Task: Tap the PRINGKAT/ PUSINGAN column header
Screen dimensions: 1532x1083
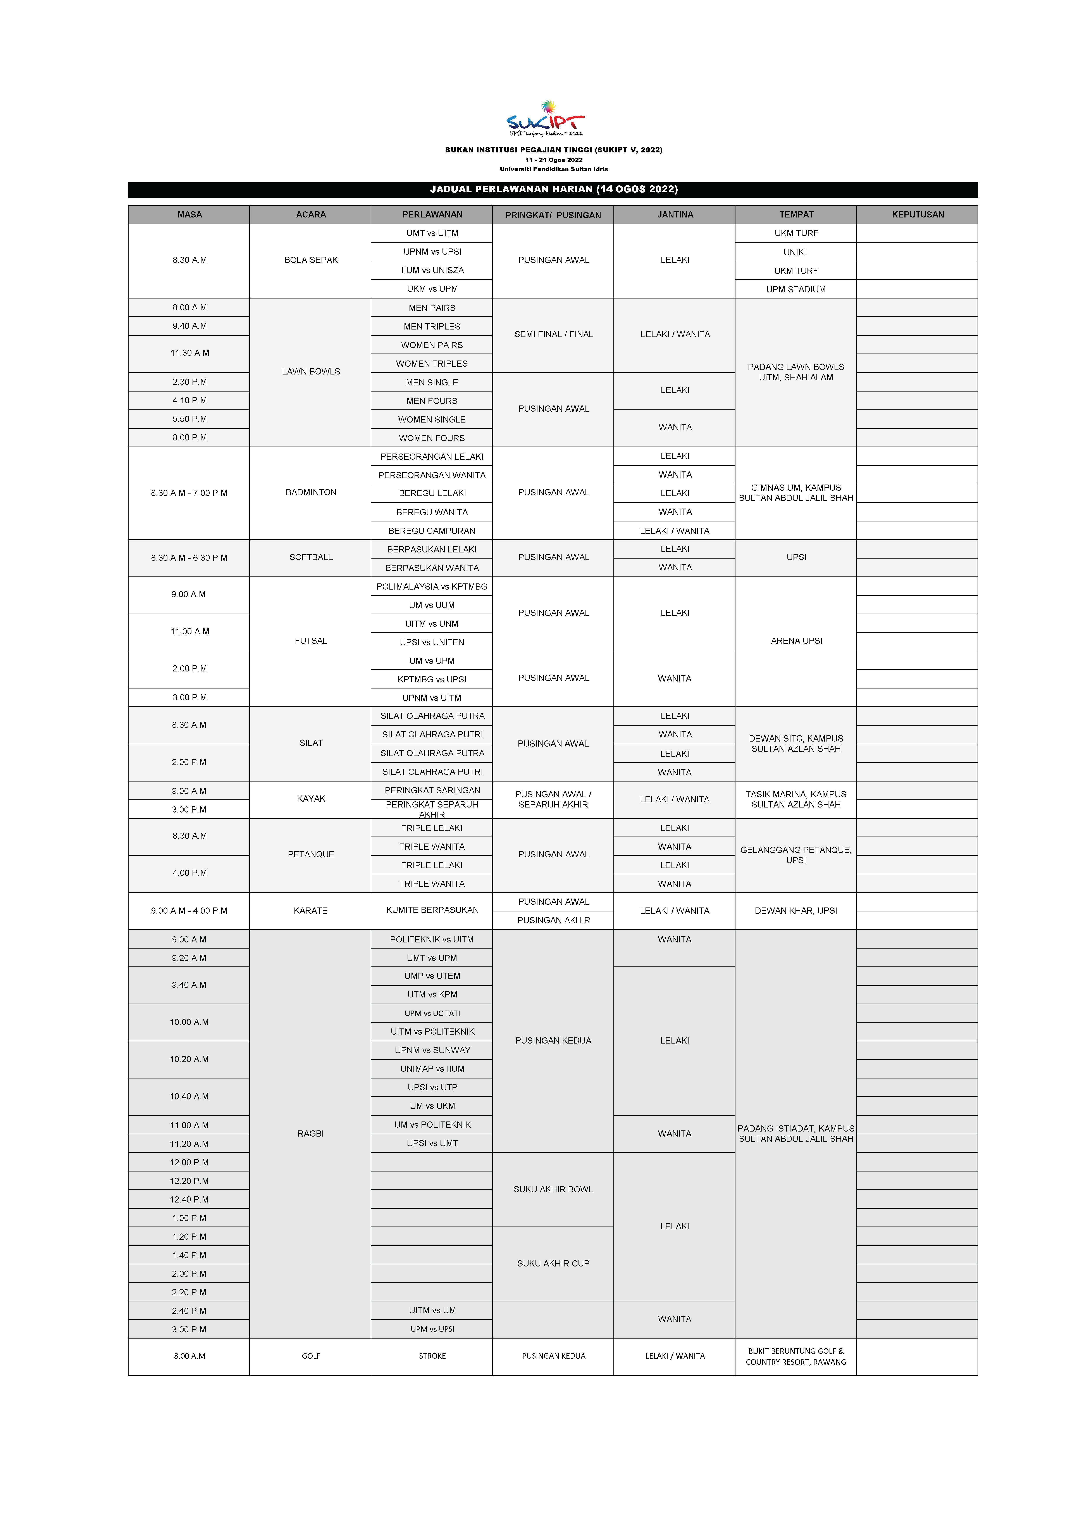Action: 553,215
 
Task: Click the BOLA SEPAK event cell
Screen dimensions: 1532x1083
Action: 311,260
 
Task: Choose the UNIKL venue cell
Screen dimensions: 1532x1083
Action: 796,252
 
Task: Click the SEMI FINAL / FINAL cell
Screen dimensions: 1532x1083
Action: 553,334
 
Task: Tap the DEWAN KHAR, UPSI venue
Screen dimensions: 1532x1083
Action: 796,911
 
